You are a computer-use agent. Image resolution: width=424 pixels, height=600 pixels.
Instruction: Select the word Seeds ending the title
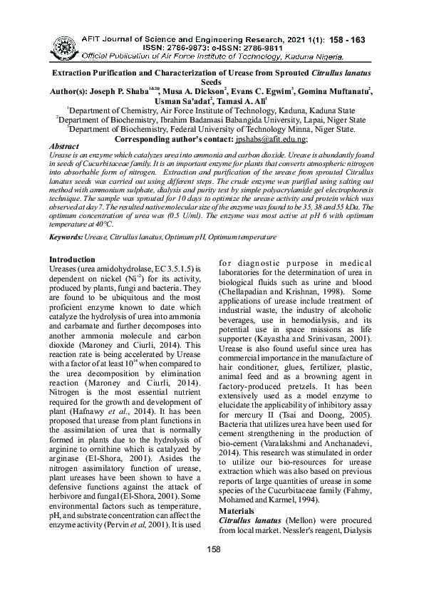pos(211,83)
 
